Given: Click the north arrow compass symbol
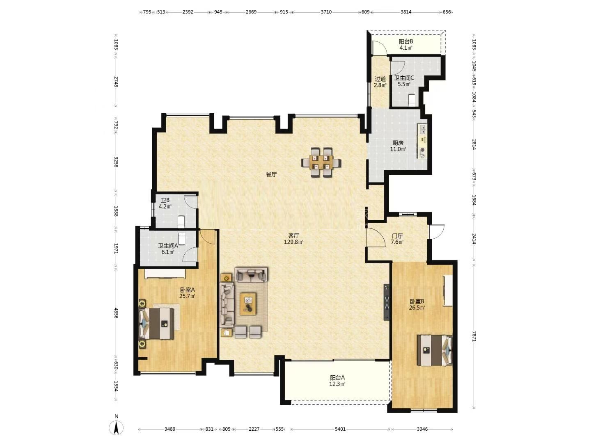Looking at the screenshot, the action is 116,427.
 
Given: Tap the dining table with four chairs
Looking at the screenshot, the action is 321,162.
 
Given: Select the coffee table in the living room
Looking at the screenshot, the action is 248,304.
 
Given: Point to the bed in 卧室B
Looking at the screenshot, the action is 435,350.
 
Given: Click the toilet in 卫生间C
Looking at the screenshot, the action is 412,100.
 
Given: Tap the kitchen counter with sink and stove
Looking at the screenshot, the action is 422,141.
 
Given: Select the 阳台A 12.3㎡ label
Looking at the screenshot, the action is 337,381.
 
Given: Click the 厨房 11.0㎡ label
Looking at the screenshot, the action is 398,146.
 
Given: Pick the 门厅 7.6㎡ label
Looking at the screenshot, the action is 397,239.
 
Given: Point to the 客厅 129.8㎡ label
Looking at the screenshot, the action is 293,239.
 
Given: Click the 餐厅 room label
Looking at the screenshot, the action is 271,174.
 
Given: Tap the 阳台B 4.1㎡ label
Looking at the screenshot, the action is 406,45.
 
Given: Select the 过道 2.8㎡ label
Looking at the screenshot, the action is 380,82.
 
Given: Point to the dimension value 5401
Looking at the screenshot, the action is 340,429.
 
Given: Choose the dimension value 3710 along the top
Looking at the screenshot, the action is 326,12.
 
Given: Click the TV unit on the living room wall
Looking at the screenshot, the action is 387,302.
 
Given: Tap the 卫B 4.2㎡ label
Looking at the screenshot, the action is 165,203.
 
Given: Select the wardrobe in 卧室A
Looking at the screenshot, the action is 165,274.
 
